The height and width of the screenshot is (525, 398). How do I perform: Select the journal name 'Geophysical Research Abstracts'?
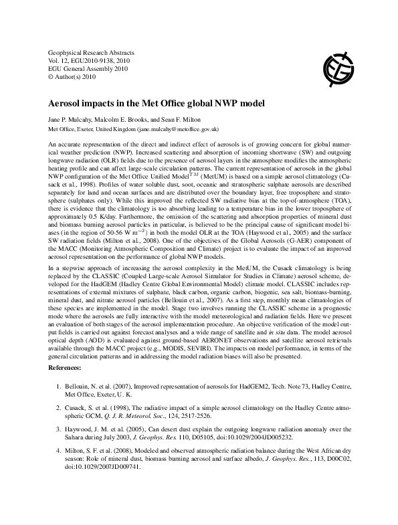point(92,51)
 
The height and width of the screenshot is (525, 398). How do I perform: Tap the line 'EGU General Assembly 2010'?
point(88,69)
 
